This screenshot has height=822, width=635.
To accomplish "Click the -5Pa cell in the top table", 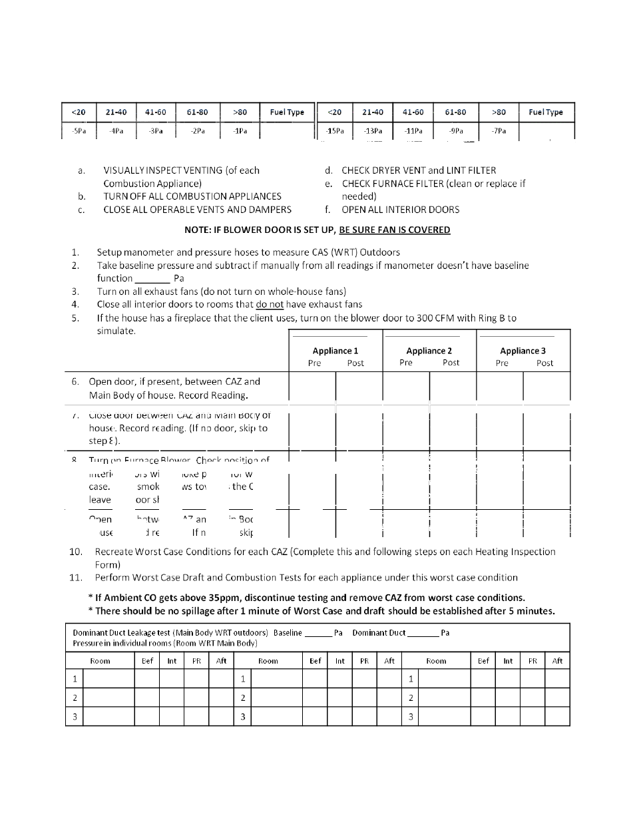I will [x=79, y=131].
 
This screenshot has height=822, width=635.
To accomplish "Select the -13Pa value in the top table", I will [x=373, y=131].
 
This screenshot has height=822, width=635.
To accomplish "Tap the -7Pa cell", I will [x=499, y=131].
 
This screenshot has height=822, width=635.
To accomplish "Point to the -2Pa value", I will [x=197, y=131].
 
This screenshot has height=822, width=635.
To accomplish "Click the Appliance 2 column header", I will [x=429, y=351].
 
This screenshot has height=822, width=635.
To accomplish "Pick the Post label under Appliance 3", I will [x=544, y=363].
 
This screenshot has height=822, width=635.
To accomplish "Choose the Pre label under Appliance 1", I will [x=314, y=363].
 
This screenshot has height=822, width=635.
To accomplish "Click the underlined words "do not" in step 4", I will [x=270, y=304].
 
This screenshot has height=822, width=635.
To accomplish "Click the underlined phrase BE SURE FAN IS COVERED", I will [x=394, y=230].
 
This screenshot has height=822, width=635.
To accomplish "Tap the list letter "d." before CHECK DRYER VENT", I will [x=329, y=170].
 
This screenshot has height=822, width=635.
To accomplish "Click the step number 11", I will [x=75, y=578].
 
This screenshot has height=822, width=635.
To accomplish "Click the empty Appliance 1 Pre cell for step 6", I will [x=312, y=387].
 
